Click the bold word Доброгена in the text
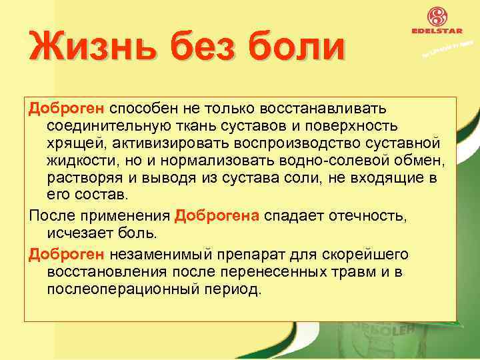click(218, 216)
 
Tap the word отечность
click(361, 216)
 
